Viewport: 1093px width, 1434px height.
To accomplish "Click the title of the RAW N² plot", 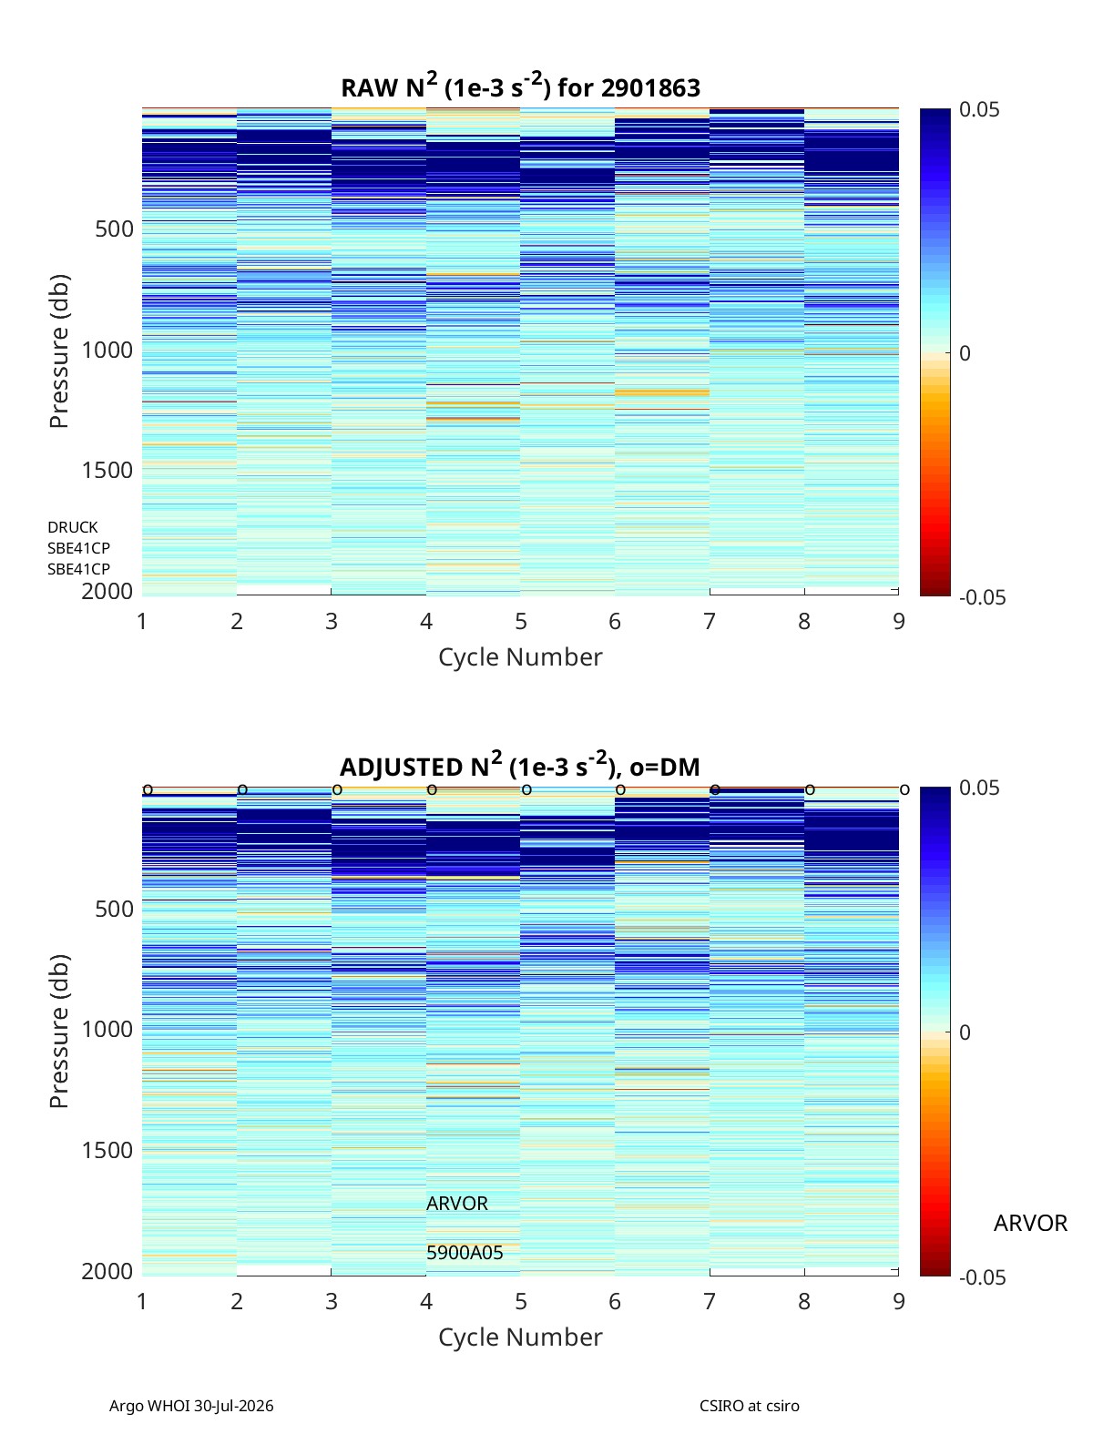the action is coord(520,86).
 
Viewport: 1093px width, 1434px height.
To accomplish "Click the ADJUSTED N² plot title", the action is coord(520,765).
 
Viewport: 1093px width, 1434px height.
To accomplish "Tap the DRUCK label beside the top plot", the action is coord(73,526).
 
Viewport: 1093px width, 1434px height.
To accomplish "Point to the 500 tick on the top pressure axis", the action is coord(114,229).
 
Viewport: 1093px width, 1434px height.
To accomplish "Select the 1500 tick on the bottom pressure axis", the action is coord(107,1149).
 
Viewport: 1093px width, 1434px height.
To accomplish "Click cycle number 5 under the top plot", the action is coord(521,621).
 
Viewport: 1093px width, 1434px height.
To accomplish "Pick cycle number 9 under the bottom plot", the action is coord(899,1301).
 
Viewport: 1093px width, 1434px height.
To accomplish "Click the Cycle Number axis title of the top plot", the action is coord(520,656).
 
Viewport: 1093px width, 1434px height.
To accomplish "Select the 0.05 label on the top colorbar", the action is coord(978,109).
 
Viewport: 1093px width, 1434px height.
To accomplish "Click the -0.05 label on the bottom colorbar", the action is coord(982,1276).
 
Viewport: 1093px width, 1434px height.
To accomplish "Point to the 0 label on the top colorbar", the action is coord(965,353).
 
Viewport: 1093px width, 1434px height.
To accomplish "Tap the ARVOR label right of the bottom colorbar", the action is coord(1030,1223).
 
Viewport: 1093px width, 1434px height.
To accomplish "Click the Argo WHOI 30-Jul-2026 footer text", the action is coord(191,1405).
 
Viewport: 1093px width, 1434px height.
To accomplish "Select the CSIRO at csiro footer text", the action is coord(750,1405).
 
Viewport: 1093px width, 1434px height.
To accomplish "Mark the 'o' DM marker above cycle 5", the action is coord(526,790).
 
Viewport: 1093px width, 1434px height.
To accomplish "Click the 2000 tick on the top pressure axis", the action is coord(107,591).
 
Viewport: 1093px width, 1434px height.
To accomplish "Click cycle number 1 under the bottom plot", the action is coord(142,1301).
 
